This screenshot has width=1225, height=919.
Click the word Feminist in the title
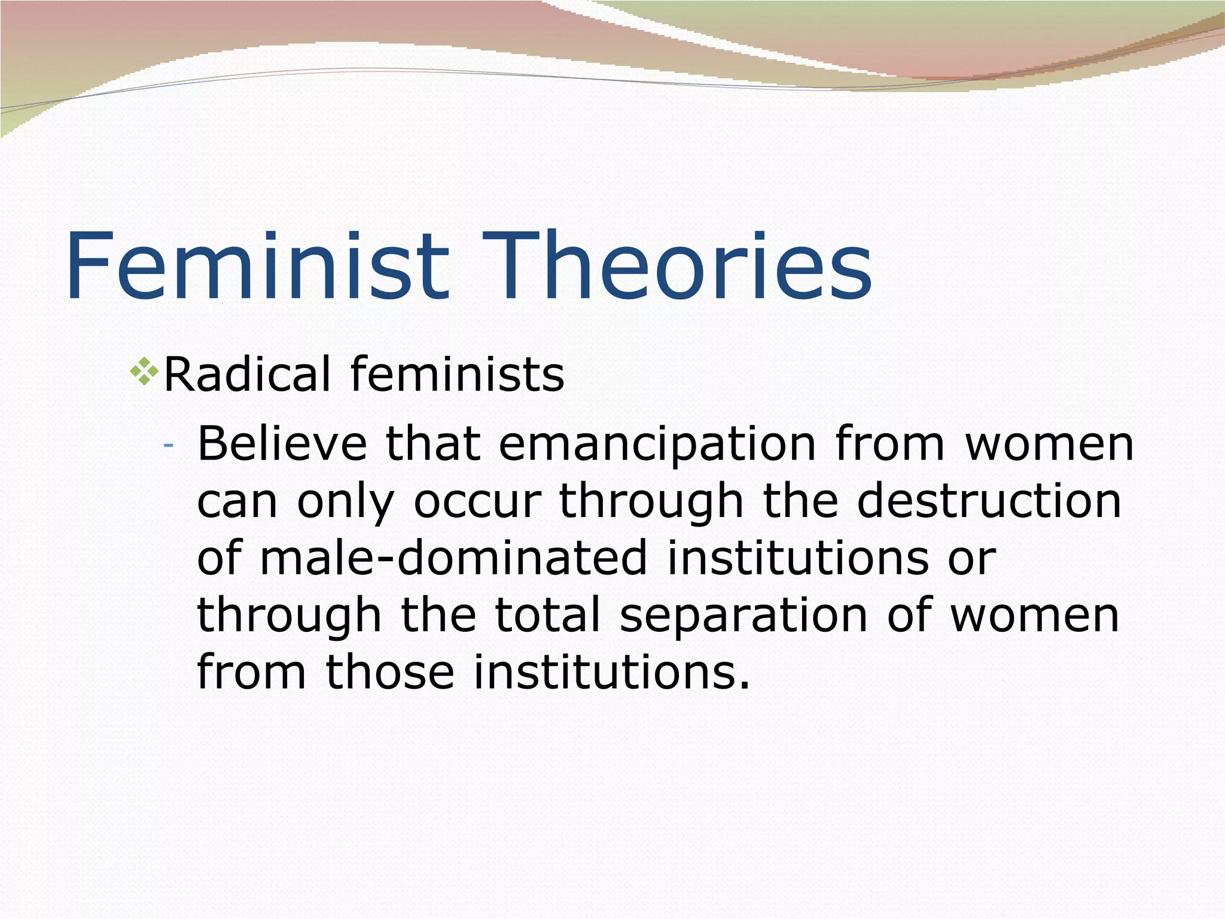pos(257,266)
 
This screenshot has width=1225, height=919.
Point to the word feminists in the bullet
pos(458,375)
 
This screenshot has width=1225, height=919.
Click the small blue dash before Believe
pos(169,446)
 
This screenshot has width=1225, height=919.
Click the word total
pos(548,614)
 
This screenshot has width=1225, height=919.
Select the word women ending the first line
pos(1050,445)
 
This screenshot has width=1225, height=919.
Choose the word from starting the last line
pos(251,671)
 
